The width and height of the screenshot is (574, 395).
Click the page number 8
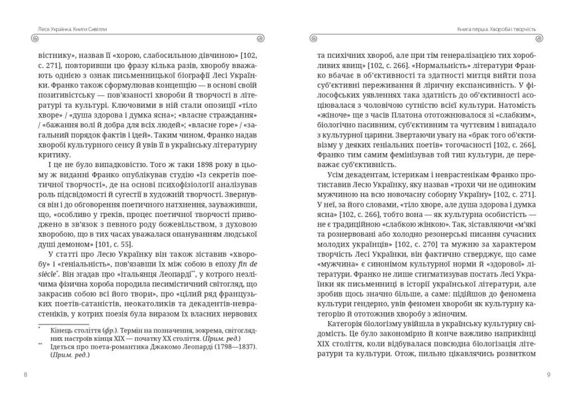(x=25, y=375)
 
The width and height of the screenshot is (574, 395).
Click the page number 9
(x=548, y=375)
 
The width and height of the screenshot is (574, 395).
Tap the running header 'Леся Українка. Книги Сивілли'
(x=72, y=29)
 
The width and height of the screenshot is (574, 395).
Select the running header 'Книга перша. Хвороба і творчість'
(x=496, y=29)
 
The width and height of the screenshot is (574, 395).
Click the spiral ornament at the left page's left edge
(x=35, y=39)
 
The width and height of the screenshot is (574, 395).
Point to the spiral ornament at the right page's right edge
(x=539, y=39)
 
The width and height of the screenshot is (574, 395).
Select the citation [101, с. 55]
(x=114, y=244)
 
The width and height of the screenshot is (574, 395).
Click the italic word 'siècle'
(x=47, y=274)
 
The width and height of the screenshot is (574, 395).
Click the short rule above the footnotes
(x=63, y=324)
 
